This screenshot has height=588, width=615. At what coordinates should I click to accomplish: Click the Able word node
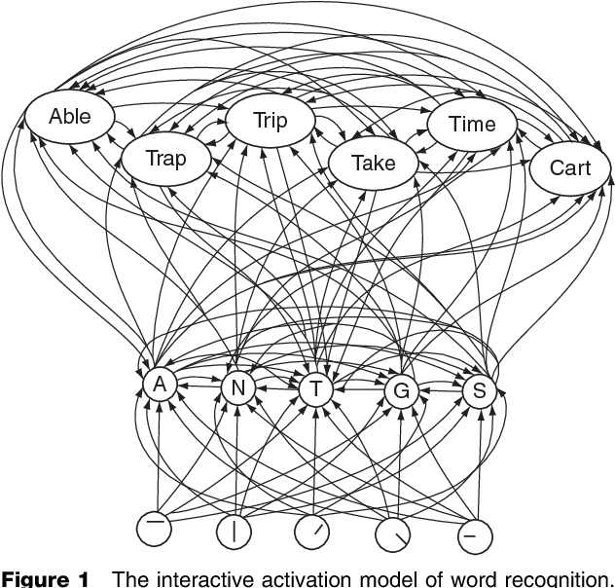(x=70, y=116)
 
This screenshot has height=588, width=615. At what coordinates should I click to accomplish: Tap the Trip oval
(x=270, y=121)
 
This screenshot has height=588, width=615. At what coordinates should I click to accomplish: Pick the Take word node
(x=373, y=163)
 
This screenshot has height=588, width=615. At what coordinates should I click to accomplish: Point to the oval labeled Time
(x=473, y=124)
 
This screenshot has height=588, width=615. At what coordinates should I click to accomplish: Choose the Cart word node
(x=570, y=167)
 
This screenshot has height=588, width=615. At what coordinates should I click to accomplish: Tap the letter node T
(x=315, y=389)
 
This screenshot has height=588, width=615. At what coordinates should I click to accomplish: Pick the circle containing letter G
(x=400, y=391)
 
